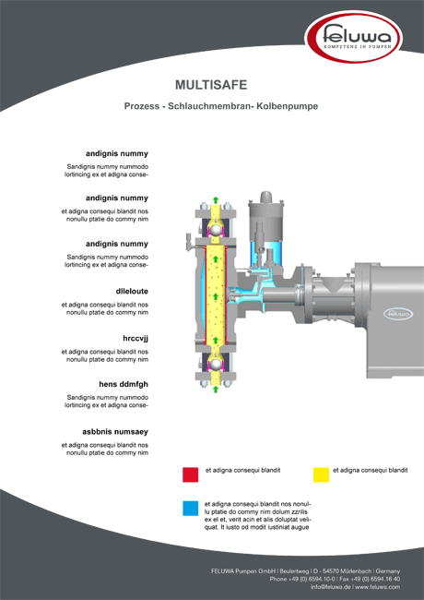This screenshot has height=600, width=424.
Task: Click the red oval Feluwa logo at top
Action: (354, 38)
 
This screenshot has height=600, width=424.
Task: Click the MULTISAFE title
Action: (211, 85)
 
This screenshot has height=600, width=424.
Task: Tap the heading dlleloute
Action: (132, 291)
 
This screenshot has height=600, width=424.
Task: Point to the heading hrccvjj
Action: (135, 339)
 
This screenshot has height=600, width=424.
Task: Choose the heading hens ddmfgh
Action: (124, 384)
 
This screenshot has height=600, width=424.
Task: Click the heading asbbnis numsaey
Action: (115, 432)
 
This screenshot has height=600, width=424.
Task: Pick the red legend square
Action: (190, 474)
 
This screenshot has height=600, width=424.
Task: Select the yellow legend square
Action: (321, 474)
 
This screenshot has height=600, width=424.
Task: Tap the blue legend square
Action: (190, 509)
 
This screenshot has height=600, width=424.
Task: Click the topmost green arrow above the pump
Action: (216, 200)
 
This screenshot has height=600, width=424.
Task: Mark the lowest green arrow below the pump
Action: (216, 390)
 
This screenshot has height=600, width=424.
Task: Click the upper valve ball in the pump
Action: (216, 230)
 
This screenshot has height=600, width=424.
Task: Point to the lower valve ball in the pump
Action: (216, 365)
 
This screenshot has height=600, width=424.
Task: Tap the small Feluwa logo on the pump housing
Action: (398, 314)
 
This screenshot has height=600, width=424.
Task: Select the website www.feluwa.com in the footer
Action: (378, 587)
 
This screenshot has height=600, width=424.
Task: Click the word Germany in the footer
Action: (388, 571)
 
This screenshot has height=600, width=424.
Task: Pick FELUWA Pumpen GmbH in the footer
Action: (243, 571)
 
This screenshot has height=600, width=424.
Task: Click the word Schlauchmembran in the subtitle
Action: (210, 106)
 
